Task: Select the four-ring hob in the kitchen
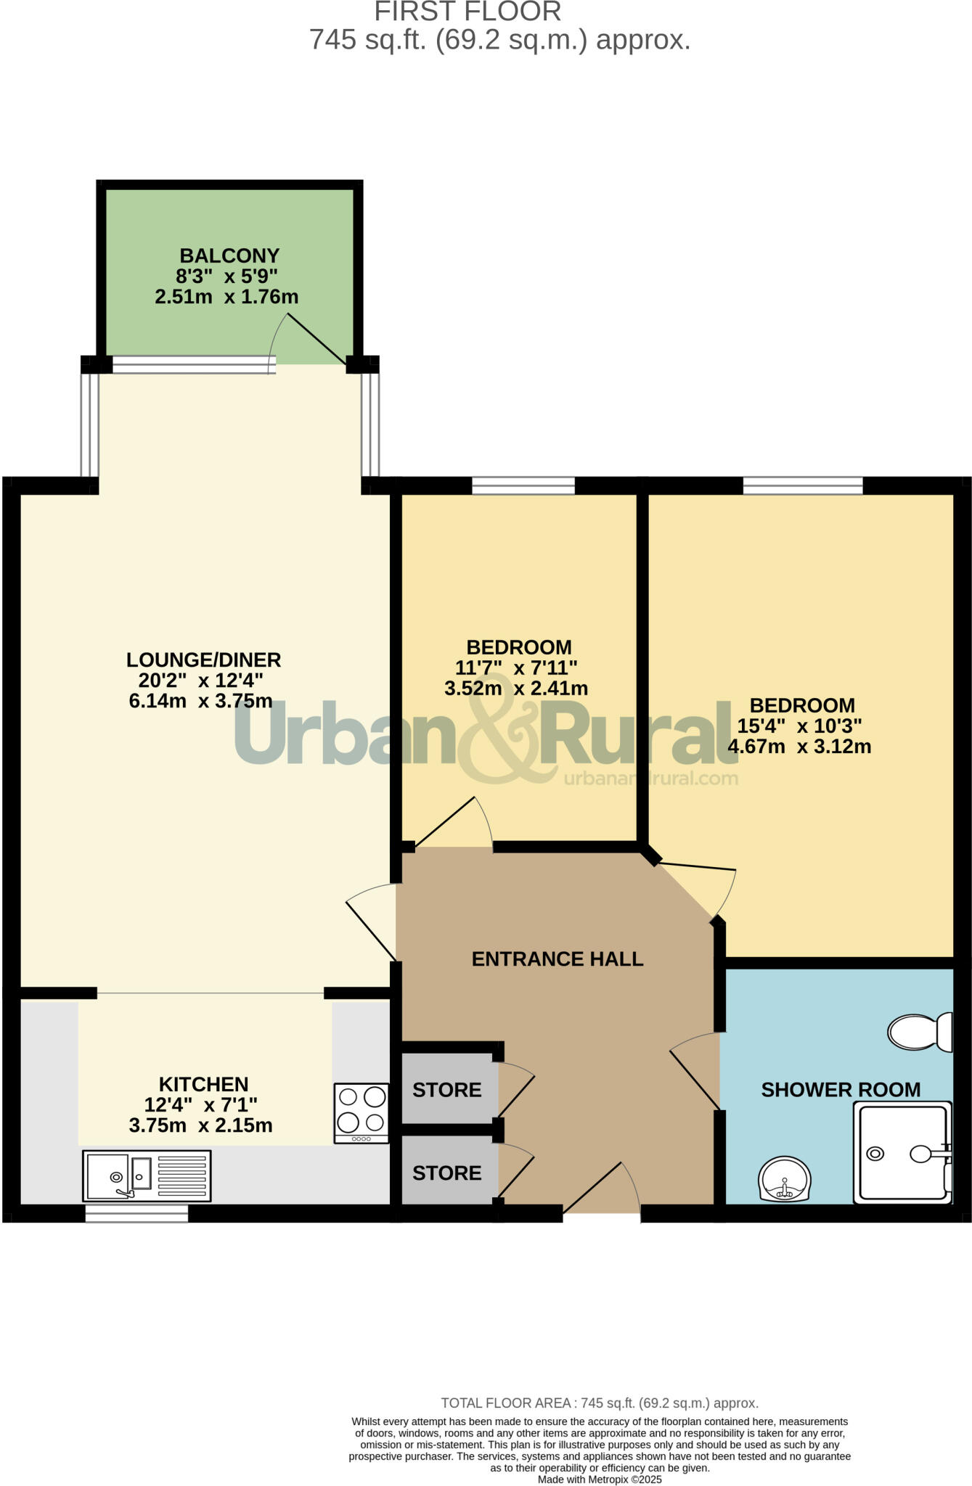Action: tap(362, 1113)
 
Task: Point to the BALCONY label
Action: tap(229, 255)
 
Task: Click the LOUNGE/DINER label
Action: tap(203, 660)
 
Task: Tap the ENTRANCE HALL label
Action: tap(558, 959)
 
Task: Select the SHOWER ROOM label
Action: tap(841, 1090)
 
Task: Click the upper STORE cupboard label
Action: tap(446, 1090)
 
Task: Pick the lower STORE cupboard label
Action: tap(446, 1173)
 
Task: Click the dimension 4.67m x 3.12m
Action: tap(799, 747)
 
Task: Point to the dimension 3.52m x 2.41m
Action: tap(516, 689)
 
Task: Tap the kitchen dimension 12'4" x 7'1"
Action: tap(201, 1105)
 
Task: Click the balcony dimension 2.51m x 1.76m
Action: tap(226, 297)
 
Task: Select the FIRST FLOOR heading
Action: tap(467, 12)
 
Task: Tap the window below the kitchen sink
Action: tap(136, 1213)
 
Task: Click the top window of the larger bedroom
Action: tap(803, 485)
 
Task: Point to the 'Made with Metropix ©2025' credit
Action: tap(600, 1479)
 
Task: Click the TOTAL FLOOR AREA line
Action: tap(600, 1403)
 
